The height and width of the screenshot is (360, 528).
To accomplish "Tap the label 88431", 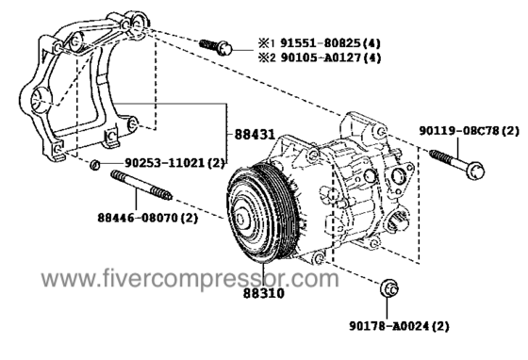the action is (255, 135).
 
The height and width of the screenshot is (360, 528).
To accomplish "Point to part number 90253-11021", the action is (164, 163).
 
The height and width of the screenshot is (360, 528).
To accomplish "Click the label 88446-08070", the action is (138, 218).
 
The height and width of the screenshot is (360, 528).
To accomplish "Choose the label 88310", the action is (264, 293).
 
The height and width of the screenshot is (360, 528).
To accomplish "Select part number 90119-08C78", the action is (458, 131).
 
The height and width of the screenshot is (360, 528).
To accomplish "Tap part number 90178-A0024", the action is (388, 326).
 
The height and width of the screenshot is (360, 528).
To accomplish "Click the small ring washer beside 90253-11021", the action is (95, 165).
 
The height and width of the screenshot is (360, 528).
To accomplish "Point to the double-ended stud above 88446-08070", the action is (141, 185).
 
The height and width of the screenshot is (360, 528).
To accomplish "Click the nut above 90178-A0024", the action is (388, 288).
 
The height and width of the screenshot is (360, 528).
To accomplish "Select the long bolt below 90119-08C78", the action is (457, 164).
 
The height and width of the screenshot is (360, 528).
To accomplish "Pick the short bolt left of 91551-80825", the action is (216, 47).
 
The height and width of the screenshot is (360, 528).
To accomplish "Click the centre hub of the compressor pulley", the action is (241, 220).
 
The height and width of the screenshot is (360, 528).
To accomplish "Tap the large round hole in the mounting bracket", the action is (40, 99).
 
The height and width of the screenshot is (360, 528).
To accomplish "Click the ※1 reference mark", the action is (267, 43).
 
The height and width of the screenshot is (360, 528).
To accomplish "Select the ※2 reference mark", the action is (267, 57).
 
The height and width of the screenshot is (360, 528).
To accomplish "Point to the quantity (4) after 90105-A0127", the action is (371, 57).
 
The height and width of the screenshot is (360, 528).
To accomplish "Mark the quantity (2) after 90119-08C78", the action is (510, 131).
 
